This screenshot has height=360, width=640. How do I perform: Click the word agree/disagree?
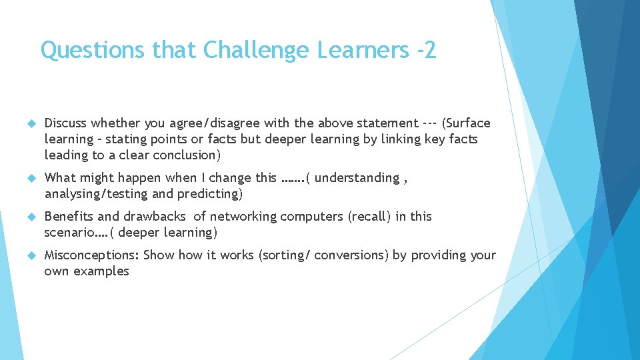coord(211,123)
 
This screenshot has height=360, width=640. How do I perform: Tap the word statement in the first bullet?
coord(387,123)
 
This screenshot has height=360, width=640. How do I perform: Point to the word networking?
coord(243,217)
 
